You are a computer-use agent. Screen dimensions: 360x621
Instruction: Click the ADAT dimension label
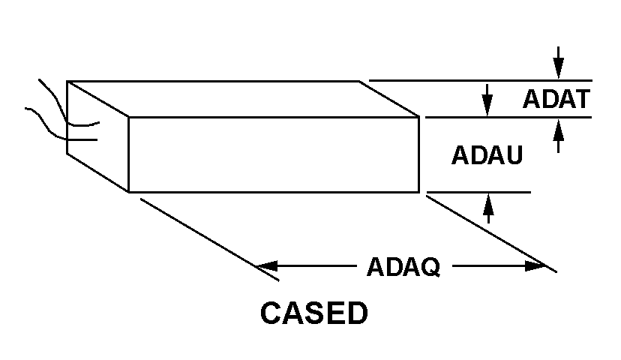coord(556,99)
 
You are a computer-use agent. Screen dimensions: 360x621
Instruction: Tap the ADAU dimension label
coord(487,155)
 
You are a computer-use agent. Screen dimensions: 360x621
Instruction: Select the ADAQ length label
coord(403,266)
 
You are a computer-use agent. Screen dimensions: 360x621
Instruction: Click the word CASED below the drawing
coord(313,313)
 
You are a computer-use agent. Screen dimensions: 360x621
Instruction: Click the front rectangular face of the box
coord(274,154)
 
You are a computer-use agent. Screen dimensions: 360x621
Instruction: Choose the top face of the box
coord(240,98)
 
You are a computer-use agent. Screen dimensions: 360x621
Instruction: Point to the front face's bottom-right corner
coord(418,192)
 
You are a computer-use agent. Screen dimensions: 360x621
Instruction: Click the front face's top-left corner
coord(129,117)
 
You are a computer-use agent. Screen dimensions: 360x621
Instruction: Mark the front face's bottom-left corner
coord(129,192)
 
